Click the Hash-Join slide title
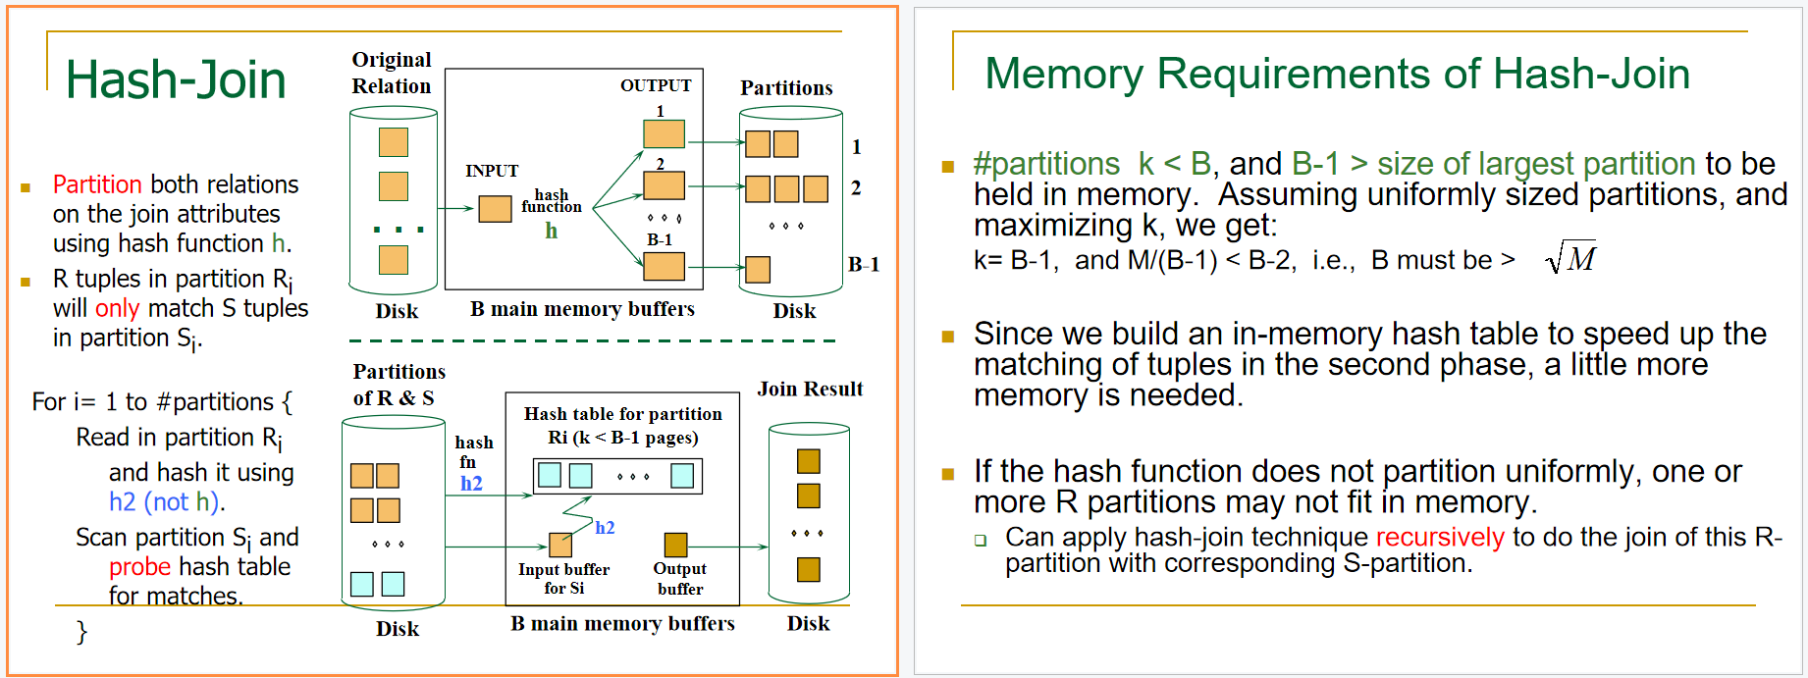tap(175, 79)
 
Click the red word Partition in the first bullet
tap(97, 184)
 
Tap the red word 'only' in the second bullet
tap(117, 308)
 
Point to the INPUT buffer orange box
tap(495, 208)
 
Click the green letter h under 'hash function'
tap(551, 231)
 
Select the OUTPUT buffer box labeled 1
tap(664, 133)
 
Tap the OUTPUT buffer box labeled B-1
tap(664, 266)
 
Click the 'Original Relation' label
tap(392, 73)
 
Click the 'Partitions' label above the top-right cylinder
tap(786, 87)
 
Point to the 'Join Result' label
tap(810, 389)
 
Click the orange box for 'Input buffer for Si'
tap(560, 545)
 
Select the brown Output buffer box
tap(675, 545)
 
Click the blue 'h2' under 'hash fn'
tap(471, 483)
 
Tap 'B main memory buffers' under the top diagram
tap(582, 309)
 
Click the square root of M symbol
tap(1569, 258)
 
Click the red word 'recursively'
tap(1439, 537)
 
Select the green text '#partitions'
tap(1045, 163)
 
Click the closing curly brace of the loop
tap(81, 632)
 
